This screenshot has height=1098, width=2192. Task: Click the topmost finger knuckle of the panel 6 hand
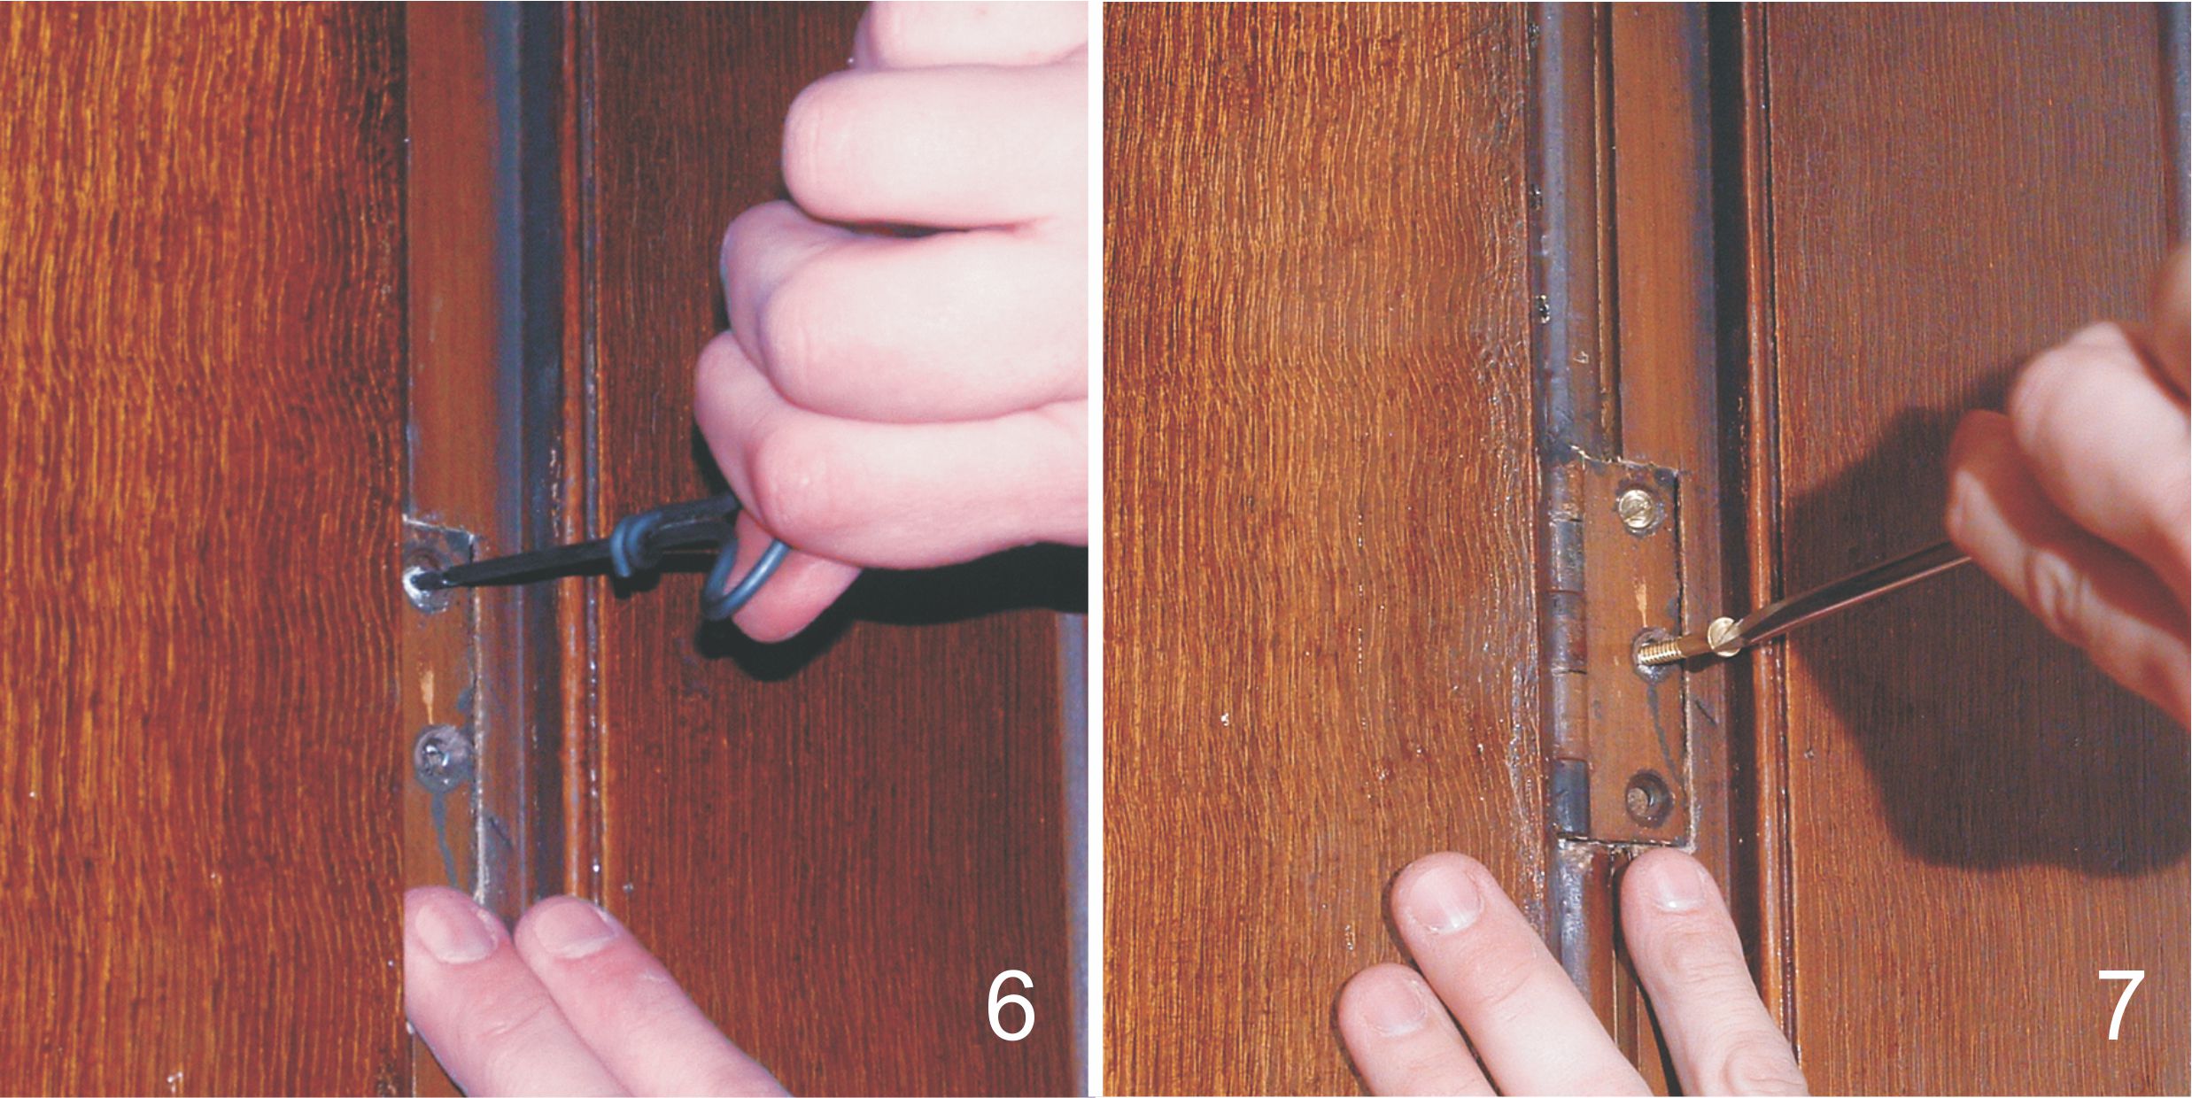(819, 124)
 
